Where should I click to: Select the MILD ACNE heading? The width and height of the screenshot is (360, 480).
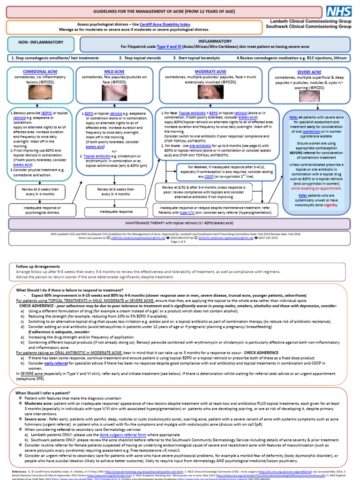[114, 71]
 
